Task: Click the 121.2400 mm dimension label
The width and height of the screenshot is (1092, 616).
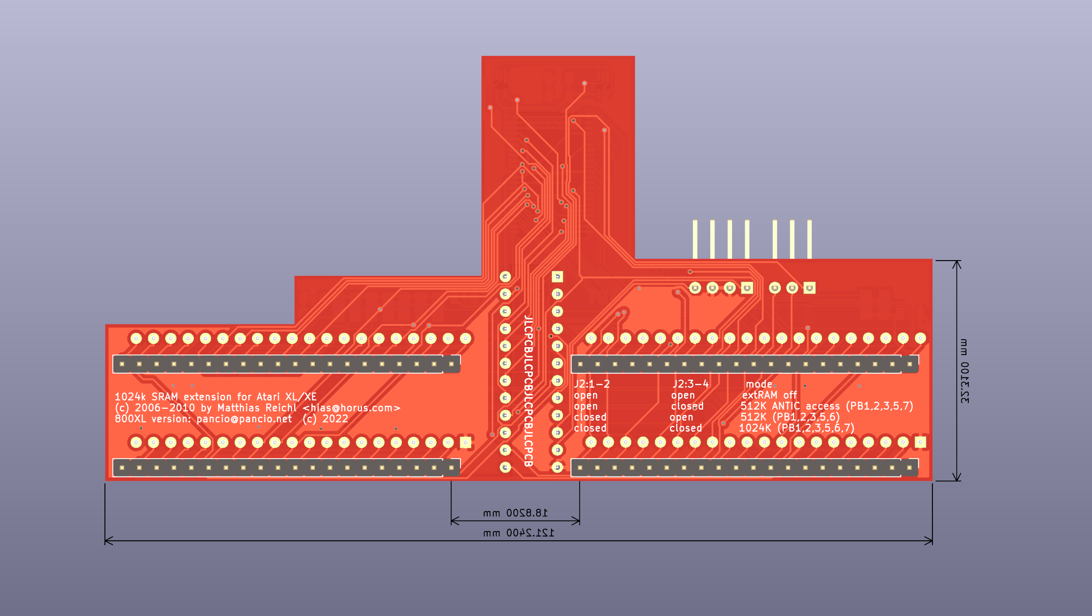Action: (x=518, y=533)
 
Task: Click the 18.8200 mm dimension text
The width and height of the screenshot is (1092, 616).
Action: (x=515, y=513)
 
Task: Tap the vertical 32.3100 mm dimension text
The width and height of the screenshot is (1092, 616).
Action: (x=964, y=371)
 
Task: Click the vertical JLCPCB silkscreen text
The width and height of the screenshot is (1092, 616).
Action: (x=528, y=391)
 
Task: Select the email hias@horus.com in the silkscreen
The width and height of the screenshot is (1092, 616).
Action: (x=352, y=408)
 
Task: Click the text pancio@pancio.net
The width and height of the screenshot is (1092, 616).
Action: (x=244, y=419)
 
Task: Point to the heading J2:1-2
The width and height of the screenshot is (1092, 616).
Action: (x=592, y=384)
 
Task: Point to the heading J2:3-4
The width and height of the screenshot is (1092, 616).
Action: (x=691, y=384)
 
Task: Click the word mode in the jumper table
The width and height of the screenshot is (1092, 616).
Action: (x=759, y=384)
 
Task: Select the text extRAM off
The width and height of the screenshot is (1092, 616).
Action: (x=769, y=395)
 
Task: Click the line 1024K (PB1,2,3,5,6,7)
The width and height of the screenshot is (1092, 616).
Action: (x=796, y=428)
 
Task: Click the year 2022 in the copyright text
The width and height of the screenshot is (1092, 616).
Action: (x=335, y=419)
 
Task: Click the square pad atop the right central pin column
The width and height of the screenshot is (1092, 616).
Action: (x=557, y=276)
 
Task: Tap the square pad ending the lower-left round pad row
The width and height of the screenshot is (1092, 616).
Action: (x=466, y=442)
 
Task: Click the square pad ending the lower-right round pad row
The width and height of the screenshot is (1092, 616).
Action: (x=920, y=442)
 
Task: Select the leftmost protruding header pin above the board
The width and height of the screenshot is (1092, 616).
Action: (x=695, y=239)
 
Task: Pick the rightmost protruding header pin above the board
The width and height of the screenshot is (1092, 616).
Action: (x=809, y=239)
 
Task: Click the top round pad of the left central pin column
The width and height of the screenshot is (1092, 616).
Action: (x=505, y=276)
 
